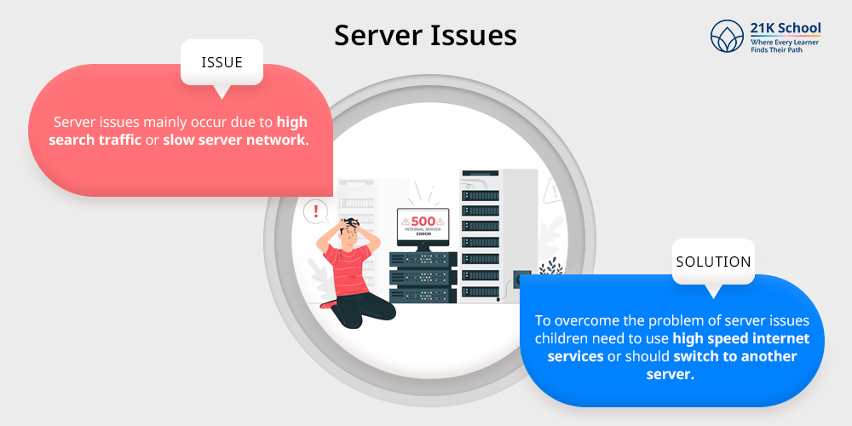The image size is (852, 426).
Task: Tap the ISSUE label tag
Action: click(222, 62)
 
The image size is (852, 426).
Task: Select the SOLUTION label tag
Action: click(713, 262)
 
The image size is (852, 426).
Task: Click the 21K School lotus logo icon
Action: click(728, 37)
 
